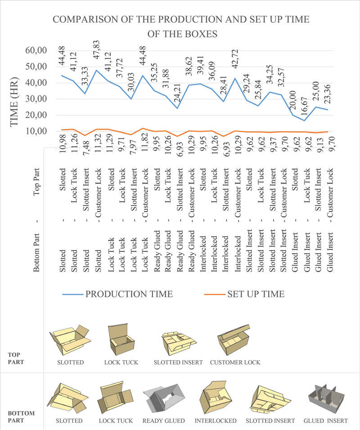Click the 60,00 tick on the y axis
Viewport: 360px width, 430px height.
(x=36, y=50)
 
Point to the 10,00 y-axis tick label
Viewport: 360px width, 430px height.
(x=36, y=131)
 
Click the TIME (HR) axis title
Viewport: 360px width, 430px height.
(x=14, y=102)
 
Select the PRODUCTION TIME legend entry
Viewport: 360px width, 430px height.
(x=117, y=294)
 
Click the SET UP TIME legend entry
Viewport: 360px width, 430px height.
(x=244, y=294)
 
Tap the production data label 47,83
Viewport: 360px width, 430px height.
(x=97, y=50)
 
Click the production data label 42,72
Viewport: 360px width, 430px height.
(x=235, y=59)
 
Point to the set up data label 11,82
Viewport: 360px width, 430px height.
(x=144, y=142)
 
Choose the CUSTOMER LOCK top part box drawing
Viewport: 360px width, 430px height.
(x=234, y=340)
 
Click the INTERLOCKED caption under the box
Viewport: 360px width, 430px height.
(x=216, y=421)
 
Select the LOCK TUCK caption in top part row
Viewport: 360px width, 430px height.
(x=121, y=362)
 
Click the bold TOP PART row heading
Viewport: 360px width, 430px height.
(x=16, y=358)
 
